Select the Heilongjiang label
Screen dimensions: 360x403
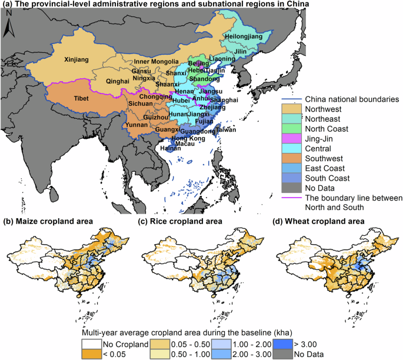(243, 38)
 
